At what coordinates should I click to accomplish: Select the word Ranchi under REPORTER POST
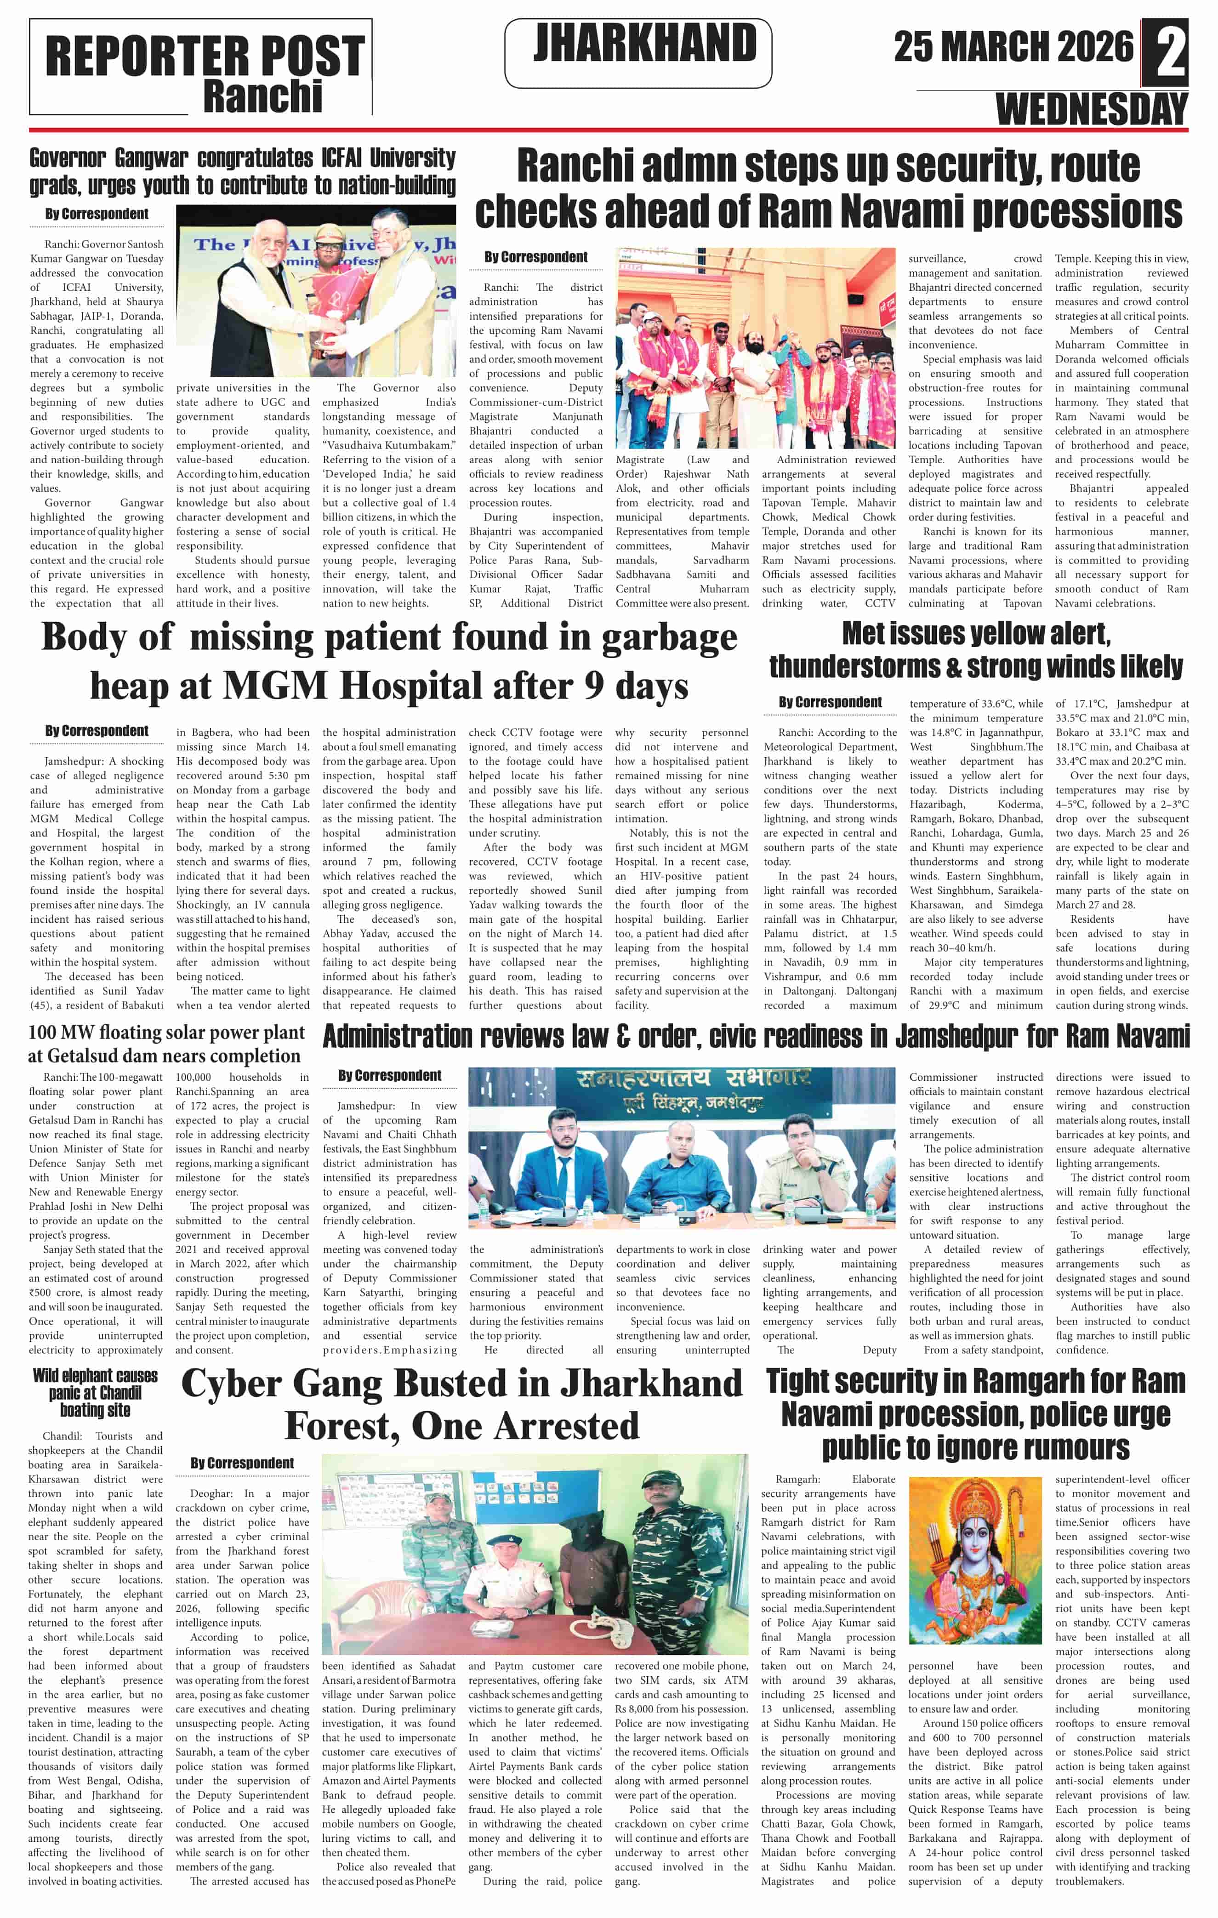263,96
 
